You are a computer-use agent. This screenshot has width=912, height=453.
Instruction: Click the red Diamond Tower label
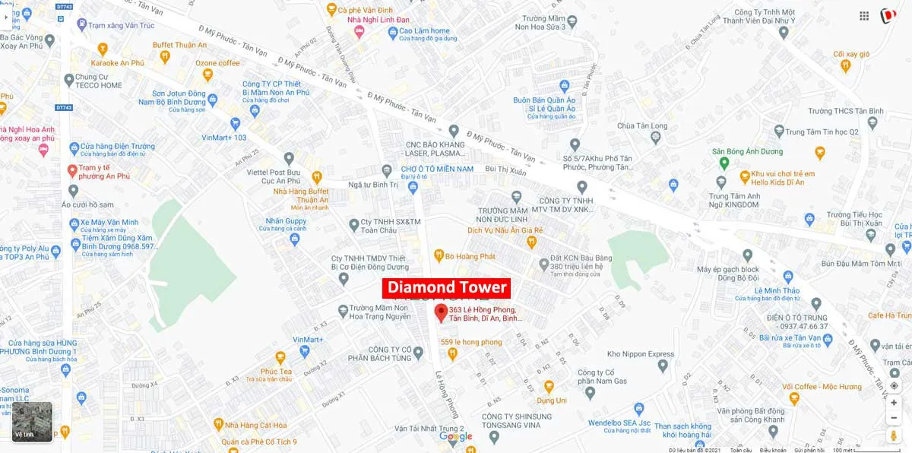(x=446, y=287)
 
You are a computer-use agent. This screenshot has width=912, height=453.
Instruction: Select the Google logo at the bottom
(x=456, y=436)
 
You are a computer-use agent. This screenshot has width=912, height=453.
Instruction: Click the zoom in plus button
(x=894, y=403)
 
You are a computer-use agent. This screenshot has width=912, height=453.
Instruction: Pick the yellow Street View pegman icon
(x=894, y=436)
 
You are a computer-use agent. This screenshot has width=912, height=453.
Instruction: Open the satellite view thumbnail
(x=32, y=422)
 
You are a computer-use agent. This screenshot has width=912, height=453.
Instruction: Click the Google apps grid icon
(x=864, y=16)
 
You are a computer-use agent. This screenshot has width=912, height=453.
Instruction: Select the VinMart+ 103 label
(x=224, y=138)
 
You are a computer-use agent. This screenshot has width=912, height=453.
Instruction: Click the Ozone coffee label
(x=217, y=63)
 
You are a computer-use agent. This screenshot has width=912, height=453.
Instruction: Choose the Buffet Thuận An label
(x=179, y=45)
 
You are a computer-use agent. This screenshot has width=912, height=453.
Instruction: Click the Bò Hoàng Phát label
(x=470, y=256)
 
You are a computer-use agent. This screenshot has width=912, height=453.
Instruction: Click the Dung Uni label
(x=552, y=400)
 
